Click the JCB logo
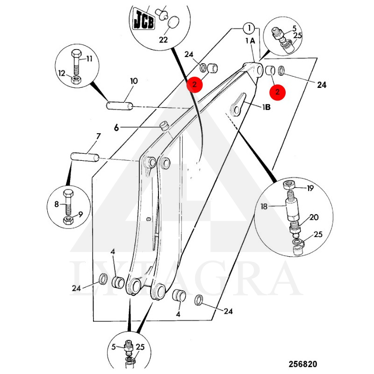144,20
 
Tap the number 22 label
163,40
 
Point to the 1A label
250,41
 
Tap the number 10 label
134,81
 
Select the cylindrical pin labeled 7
84,157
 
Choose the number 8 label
56,204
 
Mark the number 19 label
310,188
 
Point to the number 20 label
314,217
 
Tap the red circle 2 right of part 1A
278,92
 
